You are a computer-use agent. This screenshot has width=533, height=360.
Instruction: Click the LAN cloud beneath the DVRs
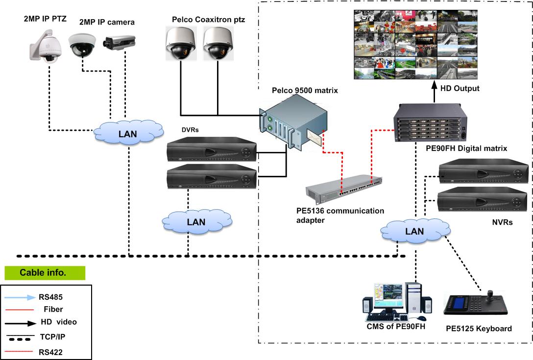click(196, 221)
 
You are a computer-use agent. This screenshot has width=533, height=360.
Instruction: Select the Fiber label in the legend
click(53, 309)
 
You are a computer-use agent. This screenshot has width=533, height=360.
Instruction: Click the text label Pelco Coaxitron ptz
click(208, 20)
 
